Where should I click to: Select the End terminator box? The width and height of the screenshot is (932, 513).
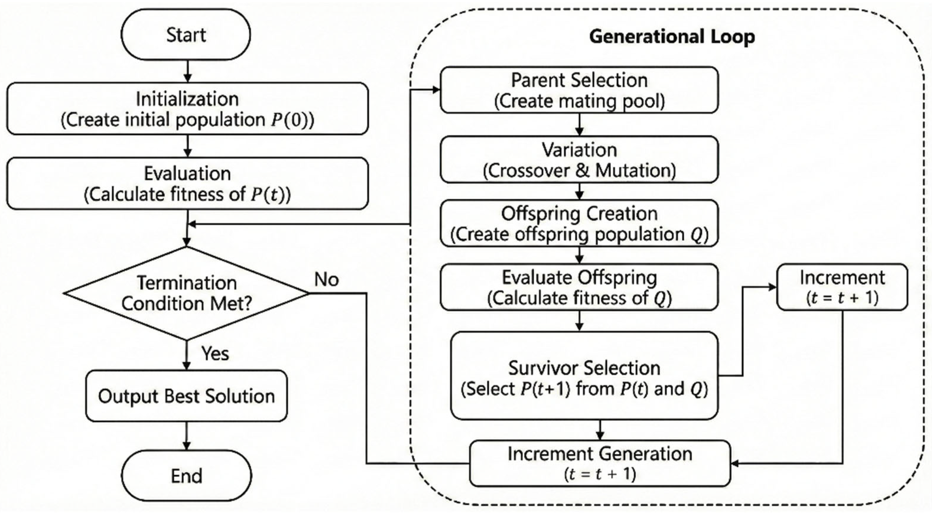pyautogui.click(x=186, y=476)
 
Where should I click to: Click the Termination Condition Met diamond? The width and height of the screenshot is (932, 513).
pyautogui.click(x=186, y=293)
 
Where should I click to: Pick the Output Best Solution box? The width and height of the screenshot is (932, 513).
pyautogui.click(x=186, y=396)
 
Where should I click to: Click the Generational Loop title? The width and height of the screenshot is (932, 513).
pyautogui.click(x=672, y=37)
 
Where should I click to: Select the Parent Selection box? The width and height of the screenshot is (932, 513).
pyautogui.click(x=579, y=90)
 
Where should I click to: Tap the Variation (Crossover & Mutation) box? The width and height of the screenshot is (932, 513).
pyautogui.click(x=579, y=159)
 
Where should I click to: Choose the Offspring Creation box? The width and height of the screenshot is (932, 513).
pyautogui.click(x=579, y=223)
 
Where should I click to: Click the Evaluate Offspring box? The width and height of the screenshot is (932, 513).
pyautogui.click(x=579, y=287)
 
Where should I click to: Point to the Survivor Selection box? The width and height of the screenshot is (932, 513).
pyautogui.click(x=584, y=376)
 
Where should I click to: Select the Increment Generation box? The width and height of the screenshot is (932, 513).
pyautogui.click(x=600, y=463)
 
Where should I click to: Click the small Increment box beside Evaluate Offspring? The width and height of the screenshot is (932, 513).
pyautogui.click(x=842, y=287)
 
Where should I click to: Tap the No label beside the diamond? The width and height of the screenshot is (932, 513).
pyautogui.click(x=326, y=280)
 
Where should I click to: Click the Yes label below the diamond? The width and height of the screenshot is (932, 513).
pyautogui.click(x=215, y=353)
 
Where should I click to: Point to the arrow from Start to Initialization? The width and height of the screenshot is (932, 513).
pyautogui.click(x=187, y=71)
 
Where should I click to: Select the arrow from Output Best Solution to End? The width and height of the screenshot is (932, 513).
pyautogui.click(x=186, y=436)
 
